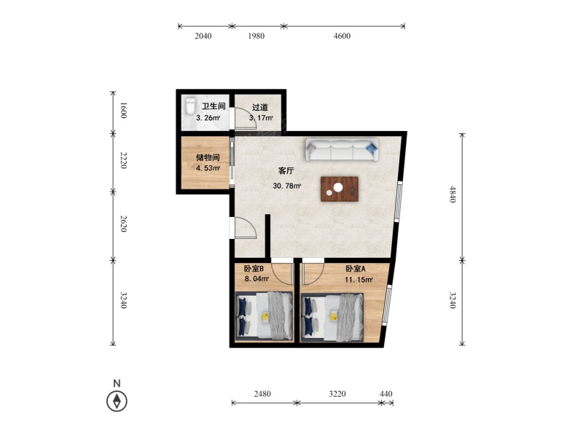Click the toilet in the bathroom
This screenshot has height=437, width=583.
190,106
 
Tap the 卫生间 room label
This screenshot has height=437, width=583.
214,106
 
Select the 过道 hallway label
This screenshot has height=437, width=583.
260,107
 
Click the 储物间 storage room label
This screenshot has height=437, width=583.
208,157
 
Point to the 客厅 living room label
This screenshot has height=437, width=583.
286,171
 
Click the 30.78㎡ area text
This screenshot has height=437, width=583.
286,186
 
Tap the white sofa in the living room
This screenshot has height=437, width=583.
342,150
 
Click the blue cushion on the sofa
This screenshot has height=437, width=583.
372,149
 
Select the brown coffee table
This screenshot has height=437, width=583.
340,189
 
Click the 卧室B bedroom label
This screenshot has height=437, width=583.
254,268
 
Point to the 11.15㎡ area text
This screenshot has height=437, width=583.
359,280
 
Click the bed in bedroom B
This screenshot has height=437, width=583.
264,316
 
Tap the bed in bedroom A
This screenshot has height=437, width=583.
332,318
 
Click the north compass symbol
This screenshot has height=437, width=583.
117,401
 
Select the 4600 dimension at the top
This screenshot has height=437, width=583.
342,36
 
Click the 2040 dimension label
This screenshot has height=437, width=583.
203,36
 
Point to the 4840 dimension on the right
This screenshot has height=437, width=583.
452,194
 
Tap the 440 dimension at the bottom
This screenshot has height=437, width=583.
386,393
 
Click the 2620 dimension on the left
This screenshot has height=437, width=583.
123,224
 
